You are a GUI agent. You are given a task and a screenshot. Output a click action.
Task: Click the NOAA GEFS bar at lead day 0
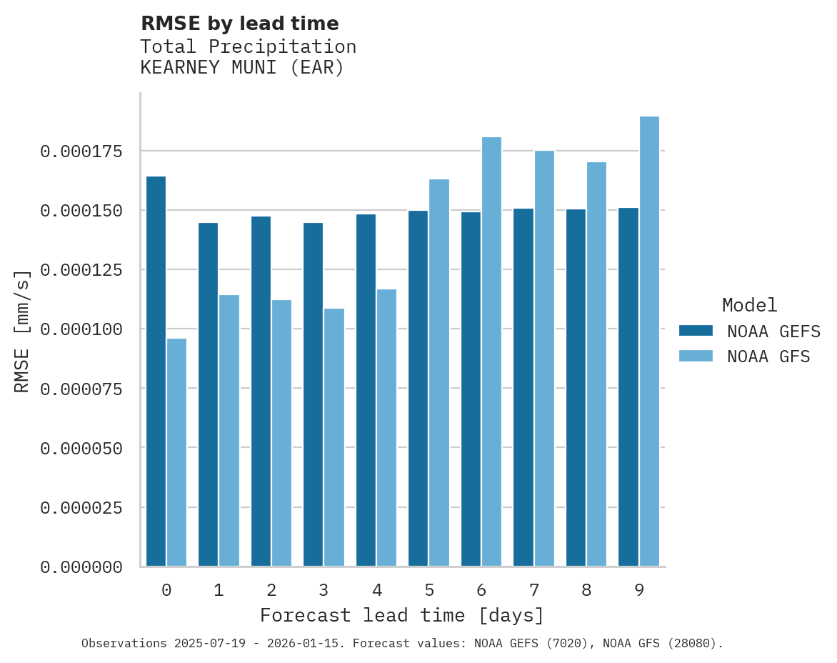156,372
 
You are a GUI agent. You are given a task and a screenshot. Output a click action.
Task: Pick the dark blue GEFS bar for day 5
418,389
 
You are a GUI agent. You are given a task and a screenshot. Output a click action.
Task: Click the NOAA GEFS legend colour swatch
696,331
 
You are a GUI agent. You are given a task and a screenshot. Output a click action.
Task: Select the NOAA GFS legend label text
768,357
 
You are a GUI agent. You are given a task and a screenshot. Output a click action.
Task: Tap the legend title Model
749,306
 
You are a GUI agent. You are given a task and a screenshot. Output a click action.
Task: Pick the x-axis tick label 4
376,591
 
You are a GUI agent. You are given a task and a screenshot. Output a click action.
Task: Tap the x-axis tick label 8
586,591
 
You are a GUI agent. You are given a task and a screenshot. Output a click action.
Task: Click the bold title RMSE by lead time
239,24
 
